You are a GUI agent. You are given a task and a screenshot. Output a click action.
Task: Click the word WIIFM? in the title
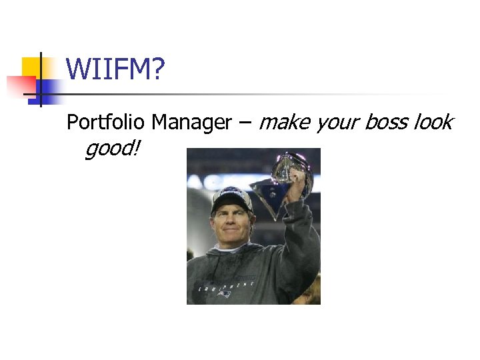[x=115, y=69]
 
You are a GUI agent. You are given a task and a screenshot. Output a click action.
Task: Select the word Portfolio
[x=107, y=123]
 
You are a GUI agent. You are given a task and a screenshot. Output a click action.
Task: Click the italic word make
[x=284, y=123]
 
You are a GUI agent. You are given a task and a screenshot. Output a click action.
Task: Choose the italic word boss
[x=389, y=123]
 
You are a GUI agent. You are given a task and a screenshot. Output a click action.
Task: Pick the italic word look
[x=433, y=123]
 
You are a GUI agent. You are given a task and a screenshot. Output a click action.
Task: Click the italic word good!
[x=113, y=149]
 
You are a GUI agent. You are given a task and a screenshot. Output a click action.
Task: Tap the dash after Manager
[x=245, y=123]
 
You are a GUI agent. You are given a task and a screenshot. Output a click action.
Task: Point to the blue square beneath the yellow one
[x=48, y=89]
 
